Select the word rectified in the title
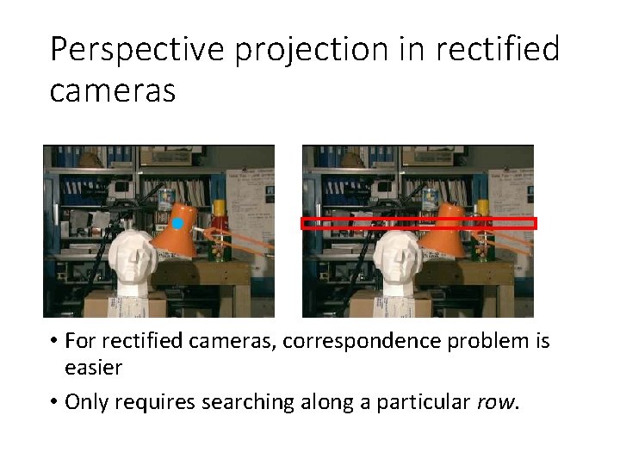click(x=497, y=50)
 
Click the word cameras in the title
click(x=112, y=90)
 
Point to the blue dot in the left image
click(x=177, y=224)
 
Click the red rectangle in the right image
click(x=418, y=223)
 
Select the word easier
click(x=93, y=369)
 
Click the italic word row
click(x=496, y=401)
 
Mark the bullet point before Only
click(x=53, y=401)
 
